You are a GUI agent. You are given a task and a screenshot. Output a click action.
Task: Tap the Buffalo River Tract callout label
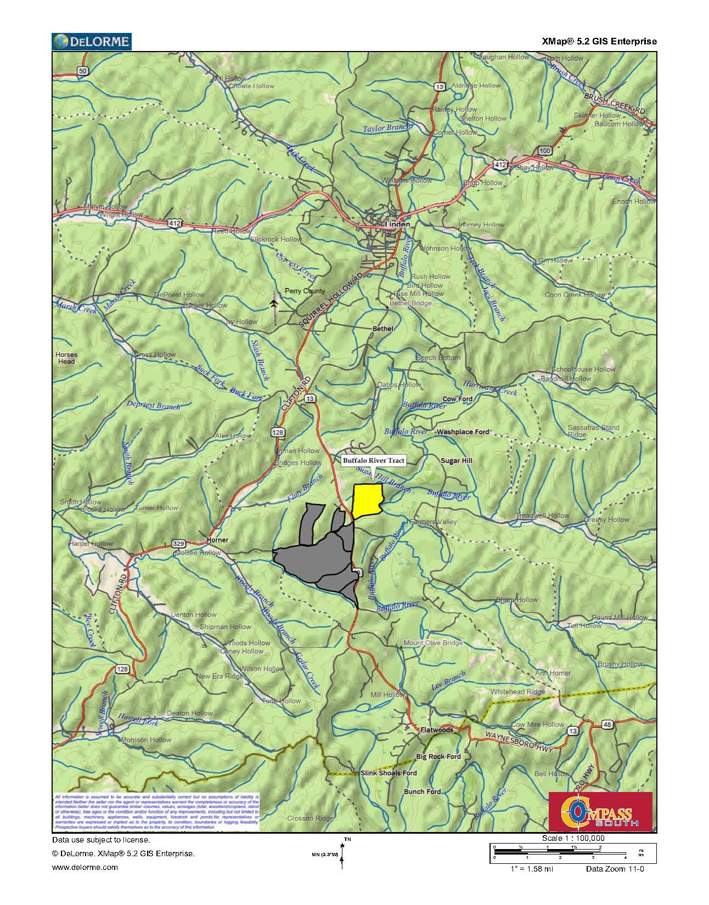[x=373, y=461]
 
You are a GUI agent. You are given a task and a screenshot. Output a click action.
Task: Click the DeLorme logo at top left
[x=92, y=41]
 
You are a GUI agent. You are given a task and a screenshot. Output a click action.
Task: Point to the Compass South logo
[x=600, y=812]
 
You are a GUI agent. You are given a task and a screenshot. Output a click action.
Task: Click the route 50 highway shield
[x=83, y=71]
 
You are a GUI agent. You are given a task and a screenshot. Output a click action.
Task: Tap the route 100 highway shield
[x=544, y=151]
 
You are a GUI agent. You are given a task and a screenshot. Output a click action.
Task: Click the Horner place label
[x=217, y=540]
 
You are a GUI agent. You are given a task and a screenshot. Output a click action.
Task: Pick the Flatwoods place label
[x=437, y=730]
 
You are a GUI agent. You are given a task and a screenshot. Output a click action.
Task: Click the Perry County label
[x=305, y=291]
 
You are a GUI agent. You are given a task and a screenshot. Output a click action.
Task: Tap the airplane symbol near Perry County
[x=274, y=302]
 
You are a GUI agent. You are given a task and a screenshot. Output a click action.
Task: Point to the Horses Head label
[x=66, y=358]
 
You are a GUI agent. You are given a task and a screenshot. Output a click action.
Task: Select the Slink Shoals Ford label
[x=389, y=773]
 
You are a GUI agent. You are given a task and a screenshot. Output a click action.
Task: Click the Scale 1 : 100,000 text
[x=573, y=838]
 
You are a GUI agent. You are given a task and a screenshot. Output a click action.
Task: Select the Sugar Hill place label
[x=456, y=461]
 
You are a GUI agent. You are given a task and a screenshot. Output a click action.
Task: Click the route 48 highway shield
[x=607, y=725]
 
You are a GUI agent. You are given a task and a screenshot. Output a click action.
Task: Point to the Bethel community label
[x=383, y=329]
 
